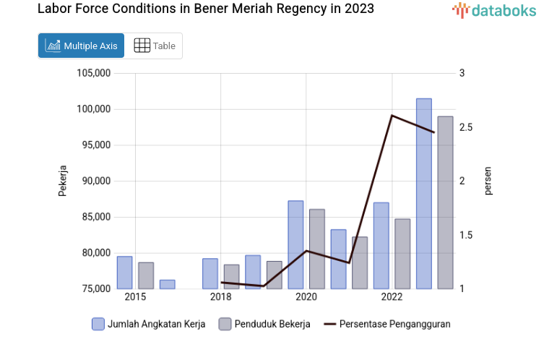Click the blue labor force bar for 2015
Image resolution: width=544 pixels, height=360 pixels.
(124, 273)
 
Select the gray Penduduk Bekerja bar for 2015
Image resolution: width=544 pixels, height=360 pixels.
(146, 275)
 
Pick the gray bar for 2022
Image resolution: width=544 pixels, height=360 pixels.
(402, 254)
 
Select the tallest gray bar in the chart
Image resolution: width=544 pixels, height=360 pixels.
(445, 202)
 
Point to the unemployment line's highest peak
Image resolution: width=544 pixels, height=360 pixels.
(392, 116)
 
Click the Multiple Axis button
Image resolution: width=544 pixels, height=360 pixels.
(81, 46)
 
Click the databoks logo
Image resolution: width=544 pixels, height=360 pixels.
(493, 10)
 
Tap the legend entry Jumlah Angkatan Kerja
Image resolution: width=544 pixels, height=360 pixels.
(149, 324)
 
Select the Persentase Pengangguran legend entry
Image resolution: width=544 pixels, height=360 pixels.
(387, 324)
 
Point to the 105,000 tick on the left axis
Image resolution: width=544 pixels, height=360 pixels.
(92, 73)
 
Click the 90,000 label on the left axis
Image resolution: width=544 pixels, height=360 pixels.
(95, 181)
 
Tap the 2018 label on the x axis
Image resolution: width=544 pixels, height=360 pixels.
(220, 297)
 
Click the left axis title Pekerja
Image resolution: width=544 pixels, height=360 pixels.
(63, 181)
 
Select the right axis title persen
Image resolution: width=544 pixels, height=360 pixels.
(488, 181)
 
